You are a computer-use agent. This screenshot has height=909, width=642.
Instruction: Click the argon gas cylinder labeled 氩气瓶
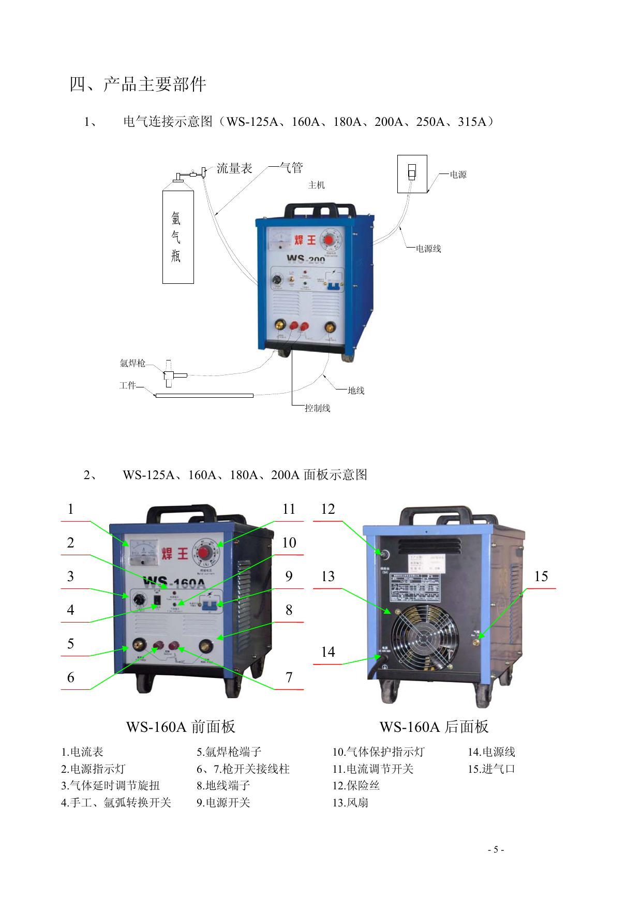pos(178,236)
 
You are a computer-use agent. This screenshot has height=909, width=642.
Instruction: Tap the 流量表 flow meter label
pos(234,168)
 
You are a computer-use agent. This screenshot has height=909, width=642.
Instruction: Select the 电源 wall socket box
pos(412,174)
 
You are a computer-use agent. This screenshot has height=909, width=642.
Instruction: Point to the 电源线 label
pos(428,249)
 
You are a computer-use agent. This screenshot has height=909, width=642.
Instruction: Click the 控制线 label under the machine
pos(317,408)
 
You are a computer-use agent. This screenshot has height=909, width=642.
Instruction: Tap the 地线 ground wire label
pos(356,391)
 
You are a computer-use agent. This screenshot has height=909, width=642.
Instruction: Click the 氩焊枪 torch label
pos(132,363)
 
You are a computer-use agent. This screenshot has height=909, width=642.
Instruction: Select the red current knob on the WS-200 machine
pos(330,241)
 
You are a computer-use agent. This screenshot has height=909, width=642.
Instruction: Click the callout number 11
pos(289,509)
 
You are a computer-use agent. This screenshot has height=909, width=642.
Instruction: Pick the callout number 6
pos(71,677)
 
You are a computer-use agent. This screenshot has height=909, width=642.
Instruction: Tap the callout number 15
pos(541,576)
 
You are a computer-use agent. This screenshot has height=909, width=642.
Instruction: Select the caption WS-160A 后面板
pos(434,727)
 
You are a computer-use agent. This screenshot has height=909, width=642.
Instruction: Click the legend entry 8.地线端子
pos(223,786)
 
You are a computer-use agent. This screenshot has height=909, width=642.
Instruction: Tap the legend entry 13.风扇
pos(350,803)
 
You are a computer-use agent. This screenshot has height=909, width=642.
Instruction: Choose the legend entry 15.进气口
pos(491,769)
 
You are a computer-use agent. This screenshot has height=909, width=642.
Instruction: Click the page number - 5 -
pos(496,849)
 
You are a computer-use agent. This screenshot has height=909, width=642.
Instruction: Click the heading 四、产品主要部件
pos(138,84)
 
